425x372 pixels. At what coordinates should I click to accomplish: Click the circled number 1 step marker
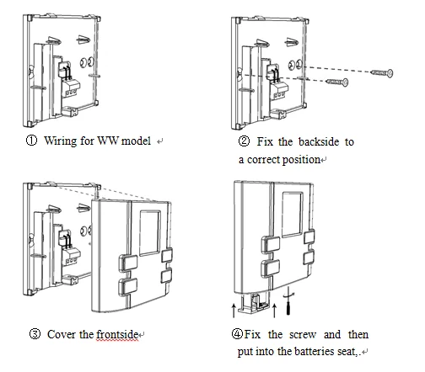pyautogui.click(x=31, y=141)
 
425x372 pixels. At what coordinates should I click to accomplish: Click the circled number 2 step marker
pyautogui.click(x=244, y=141)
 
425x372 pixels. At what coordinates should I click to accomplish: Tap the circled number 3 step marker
pyautogui.click(x=35, y=334)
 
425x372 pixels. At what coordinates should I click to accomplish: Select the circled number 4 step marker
pyautogui.click(x=237, y=334)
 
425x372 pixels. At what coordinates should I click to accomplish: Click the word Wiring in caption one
pyautogui.click(x=61, y=141)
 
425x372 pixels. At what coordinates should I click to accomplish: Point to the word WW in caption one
pyautogui.click(x=108, y=141)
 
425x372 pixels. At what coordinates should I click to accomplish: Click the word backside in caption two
pyautogui.click(x=319, y=141)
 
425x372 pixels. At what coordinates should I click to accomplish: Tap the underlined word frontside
pyautogui.click(x=117, y=335)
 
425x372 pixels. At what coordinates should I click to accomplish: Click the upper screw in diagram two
pyautogui.click(x=382, y=73)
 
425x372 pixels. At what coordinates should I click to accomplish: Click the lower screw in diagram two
pyautogui.click(x=336, y=82)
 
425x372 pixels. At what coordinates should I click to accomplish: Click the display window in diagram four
pyautogui.click(x=293, y=215)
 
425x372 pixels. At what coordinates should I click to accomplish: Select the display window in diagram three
pyautogui.click(x=150, y=233)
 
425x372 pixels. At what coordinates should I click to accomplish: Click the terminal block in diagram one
pyautogui.click(x=71, y=88)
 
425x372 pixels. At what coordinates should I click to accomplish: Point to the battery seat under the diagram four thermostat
pyautogui.click(x=253, y=303)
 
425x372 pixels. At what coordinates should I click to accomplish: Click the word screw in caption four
pyautogui.click(x=303, y=335)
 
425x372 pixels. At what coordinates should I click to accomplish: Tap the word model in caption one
pyautogui.click(x=136, y=141)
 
